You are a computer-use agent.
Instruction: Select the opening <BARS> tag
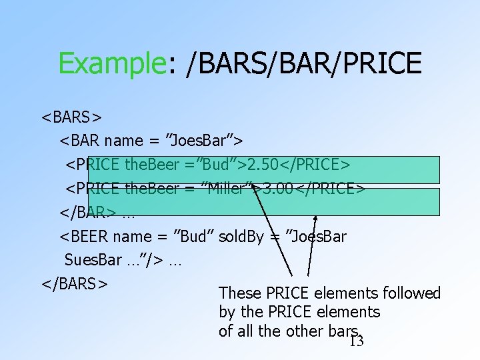[x=71, y=117]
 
